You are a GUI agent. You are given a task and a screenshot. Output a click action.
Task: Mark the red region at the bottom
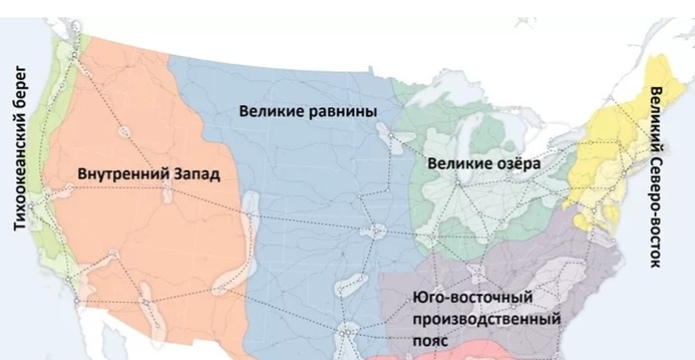coord(454,352)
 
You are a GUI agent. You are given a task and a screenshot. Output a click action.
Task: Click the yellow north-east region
coord(608,154)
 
